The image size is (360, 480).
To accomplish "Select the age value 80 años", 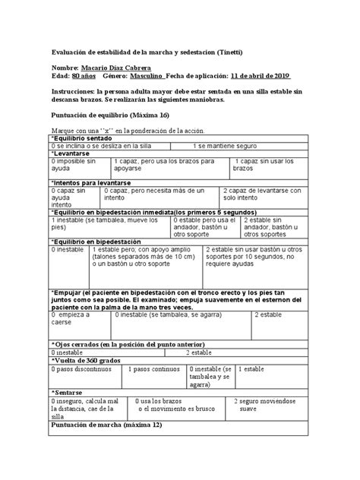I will coord(84,77).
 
